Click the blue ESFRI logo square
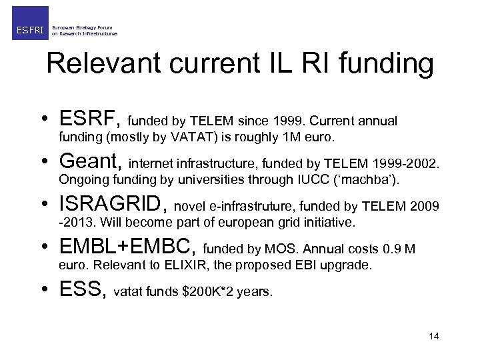[30, 23]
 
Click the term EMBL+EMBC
[127, 247]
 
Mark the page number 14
[434, 336]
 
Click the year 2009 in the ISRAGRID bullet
[425, 207]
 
